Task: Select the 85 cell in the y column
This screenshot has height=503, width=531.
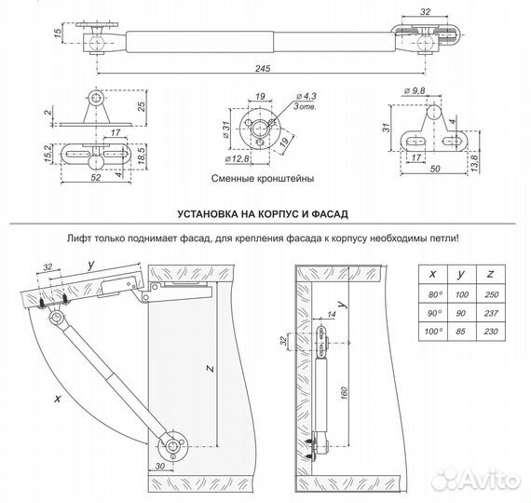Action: [x=461, y=332]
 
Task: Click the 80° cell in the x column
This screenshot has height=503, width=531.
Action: [x=429, y=294]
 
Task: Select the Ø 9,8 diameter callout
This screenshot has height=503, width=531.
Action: [x=413, y=89]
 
